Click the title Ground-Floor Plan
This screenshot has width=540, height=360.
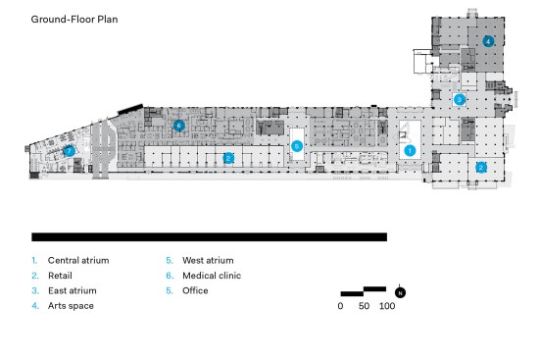pyautogui.click(x=74, y=20)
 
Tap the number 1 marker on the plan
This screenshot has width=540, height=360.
pyautogui.click(x=410, y=151)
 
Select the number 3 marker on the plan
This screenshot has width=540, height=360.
pyautogui.click(x=459, y=100)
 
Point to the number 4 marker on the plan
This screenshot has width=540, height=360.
pyautogui.click(x=488, y=41)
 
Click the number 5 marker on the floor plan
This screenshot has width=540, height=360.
pyautogui.click(x=297, y=146)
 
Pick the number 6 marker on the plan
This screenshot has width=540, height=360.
pyautogui.click(x=178, y=126)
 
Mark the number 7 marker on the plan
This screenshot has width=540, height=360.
pyautogui.click(x=70, y=151)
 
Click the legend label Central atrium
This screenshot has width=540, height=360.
pyautogui.click(x=78, y=260)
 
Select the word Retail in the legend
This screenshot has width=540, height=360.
pyautogui.click(x=60, y=276)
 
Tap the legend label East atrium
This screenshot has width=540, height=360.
pyautogui.click(x=73, y=290)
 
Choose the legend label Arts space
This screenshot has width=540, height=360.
pyautogui.click(x=71, y=306)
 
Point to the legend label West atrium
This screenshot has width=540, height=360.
pyautogui.click(x=208, y=260)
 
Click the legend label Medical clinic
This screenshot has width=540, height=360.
pyautogui.click(x=212, y=276)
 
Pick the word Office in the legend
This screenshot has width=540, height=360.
pyautogui.click(x=195, y=290)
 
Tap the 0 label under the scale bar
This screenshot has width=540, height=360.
pyautogui.click(x=340, y=306)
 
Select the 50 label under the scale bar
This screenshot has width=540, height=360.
pyautogui.click(x=364, y=306)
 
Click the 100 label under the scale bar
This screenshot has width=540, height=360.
pyautogui.click(x=387, y=306)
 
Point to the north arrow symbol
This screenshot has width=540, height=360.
pyautogui.click(x=400, y=292)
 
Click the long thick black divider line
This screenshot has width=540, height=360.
pyautogui.click(x=209, y=237)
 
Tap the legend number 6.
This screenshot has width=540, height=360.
pyautogui.click(x=170, y=276)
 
